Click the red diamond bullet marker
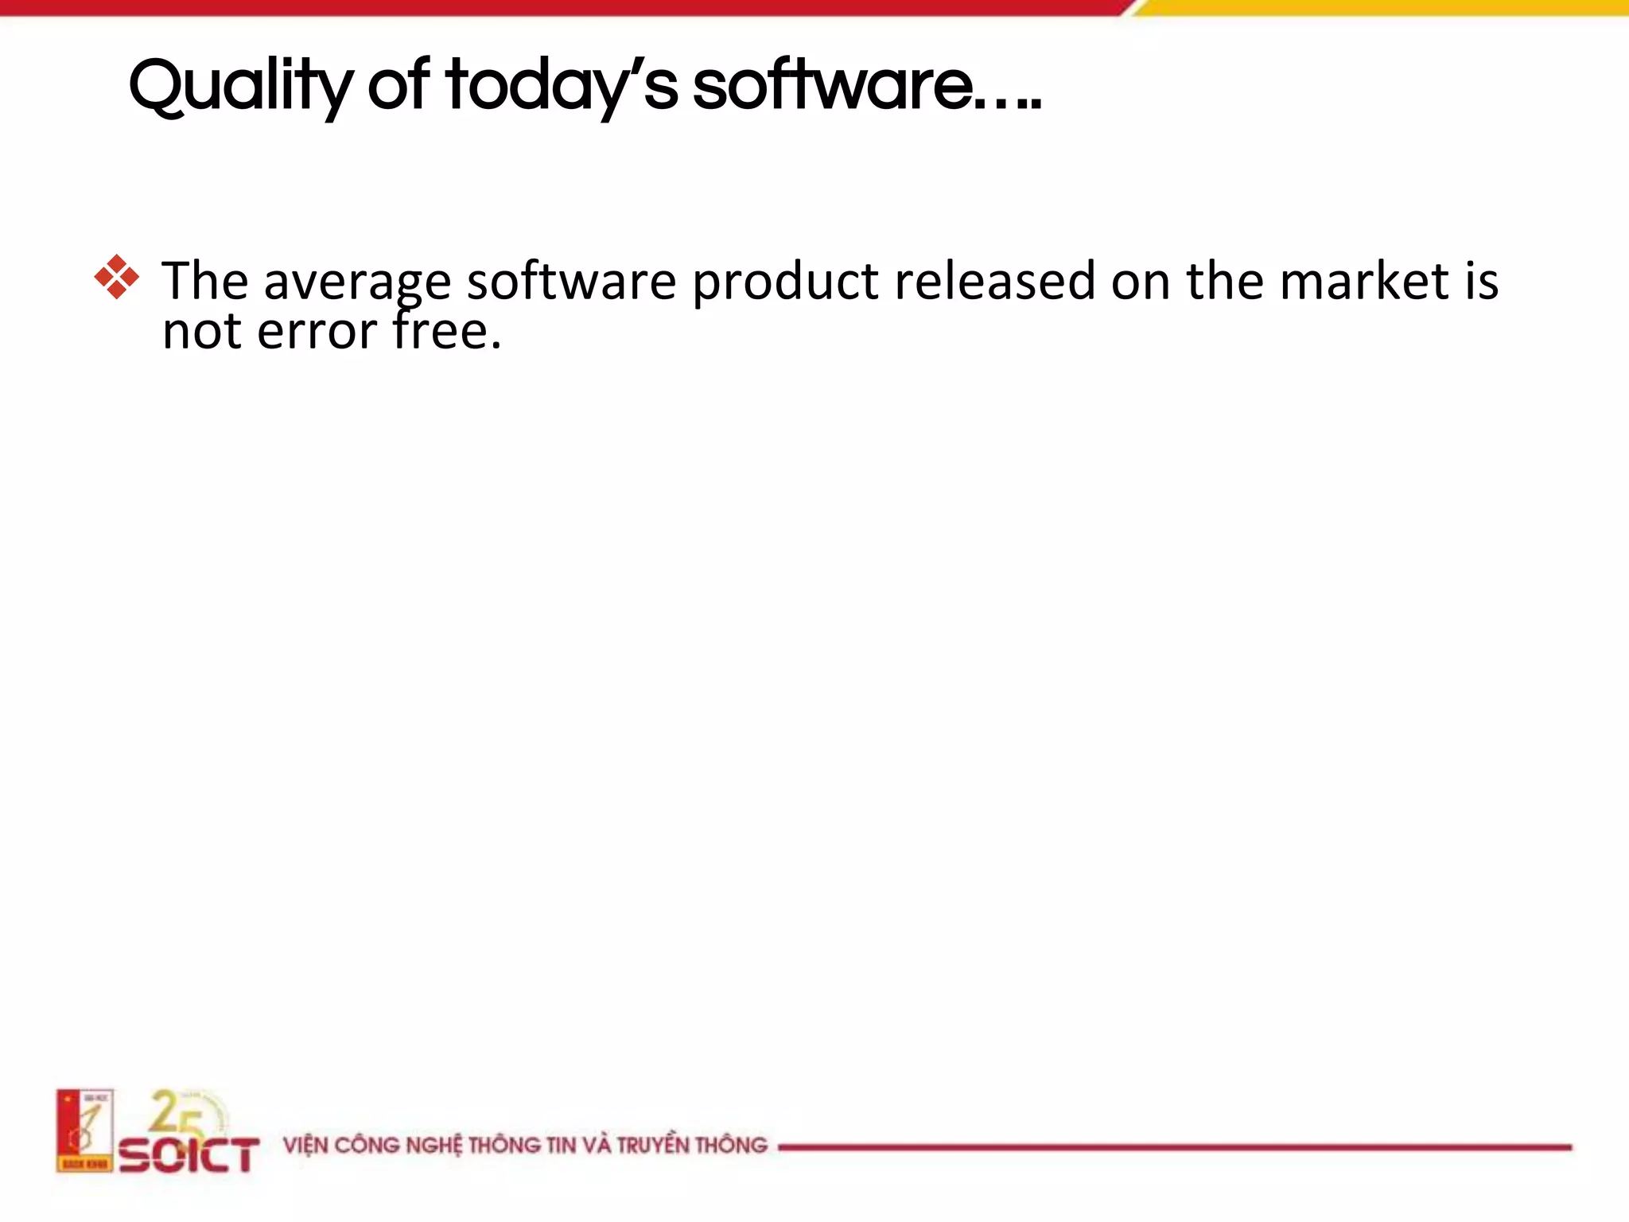click(116, 278)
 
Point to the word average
click(357, 282)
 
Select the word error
click(317, 332)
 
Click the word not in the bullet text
click(202, 332)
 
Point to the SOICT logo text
click(189, 1154)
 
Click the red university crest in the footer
click(84, 1131)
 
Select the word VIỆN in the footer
click(305, 1146)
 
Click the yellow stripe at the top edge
click(1384, 7)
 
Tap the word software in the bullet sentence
click(570, 282)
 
